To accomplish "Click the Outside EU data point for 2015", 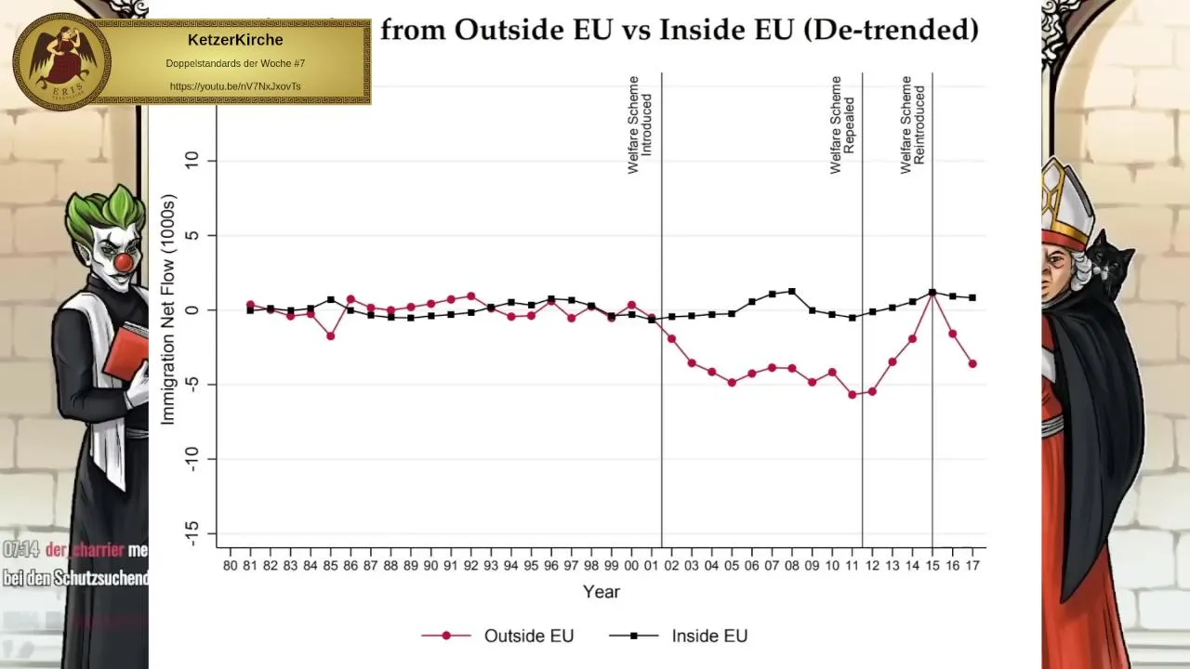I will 932,293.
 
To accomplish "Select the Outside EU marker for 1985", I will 330,335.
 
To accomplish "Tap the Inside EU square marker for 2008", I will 792,291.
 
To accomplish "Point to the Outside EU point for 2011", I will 852,395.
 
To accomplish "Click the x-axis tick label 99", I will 611,565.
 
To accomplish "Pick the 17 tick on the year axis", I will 972,565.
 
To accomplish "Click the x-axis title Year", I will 601,592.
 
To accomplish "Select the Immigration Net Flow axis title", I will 168,309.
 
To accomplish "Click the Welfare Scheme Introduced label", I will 640,125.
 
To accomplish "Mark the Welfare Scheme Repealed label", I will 842,125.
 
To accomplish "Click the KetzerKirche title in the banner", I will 235,40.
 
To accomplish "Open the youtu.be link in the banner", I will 235,86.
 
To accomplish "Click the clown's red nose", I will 123,263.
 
